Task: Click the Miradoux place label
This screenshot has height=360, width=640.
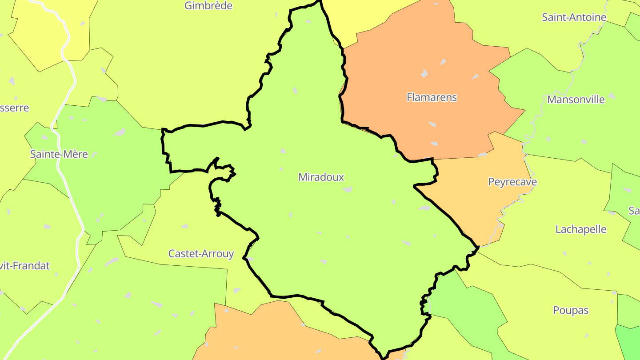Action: [x=321, y=177]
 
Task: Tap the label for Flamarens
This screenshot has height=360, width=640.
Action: [x=432, y=97]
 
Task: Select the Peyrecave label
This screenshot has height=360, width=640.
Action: [x=512, y=182]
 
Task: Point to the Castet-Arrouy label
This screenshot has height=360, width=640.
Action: [x=201, y=254]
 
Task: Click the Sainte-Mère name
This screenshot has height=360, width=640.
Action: [x=59, y=154]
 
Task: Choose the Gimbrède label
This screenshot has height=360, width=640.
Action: [x=208, y=6]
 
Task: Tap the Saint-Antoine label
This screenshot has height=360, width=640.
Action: [x=574, y=17]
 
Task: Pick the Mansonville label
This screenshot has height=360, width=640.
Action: [x=576, y=100]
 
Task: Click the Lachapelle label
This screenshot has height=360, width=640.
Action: [x=580, y=229]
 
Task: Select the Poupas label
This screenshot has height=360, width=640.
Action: [x=571, y=310]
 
